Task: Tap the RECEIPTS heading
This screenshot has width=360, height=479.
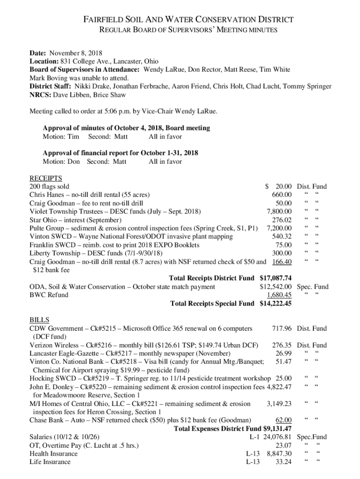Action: point(46,178)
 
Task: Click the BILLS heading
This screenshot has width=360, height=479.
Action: point(39,320)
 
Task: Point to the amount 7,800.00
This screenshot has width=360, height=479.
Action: point(279,211)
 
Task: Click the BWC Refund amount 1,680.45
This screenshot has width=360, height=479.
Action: point(279,295)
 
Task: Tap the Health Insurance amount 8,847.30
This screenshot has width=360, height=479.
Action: point(279,454)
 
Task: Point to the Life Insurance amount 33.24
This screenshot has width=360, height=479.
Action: point(284,463)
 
